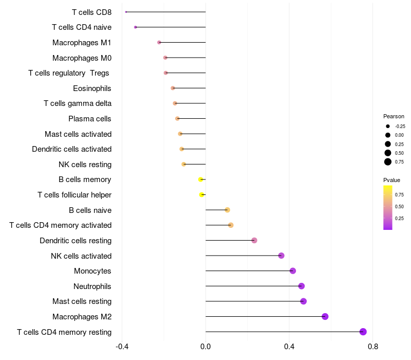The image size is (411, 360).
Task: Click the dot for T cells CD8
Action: pos(126,12)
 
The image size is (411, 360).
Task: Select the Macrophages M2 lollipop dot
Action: pos(325,316)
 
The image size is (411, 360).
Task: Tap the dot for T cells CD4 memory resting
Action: pos(363,332)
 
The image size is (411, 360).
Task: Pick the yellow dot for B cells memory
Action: pos(200,179)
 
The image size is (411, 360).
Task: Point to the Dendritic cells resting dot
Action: pos(254,240)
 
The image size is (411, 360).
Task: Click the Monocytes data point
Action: pos(293,271)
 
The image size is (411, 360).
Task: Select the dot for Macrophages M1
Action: pos(159,43)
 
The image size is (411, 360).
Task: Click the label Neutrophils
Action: pos(92,286)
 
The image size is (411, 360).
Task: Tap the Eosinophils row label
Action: pos(92,88)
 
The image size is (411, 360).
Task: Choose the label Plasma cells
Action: pos(89,119)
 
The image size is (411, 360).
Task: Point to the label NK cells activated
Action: pos(81,256)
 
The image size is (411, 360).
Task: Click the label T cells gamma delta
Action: pos(78,103)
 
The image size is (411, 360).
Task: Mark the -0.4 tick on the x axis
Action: pos(122,347)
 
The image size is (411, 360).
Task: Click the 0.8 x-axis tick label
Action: pos(373,347)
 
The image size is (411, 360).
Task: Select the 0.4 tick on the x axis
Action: pos(289,347)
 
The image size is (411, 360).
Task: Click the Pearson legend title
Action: pos(394,116)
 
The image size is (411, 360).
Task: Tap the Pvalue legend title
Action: pos(391,180)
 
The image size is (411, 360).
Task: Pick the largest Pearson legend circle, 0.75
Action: pos(388,162)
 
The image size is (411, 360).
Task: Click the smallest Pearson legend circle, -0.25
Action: pos(388,126)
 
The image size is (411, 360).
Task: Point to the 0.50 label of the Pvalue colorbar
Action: pos(399,207)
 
